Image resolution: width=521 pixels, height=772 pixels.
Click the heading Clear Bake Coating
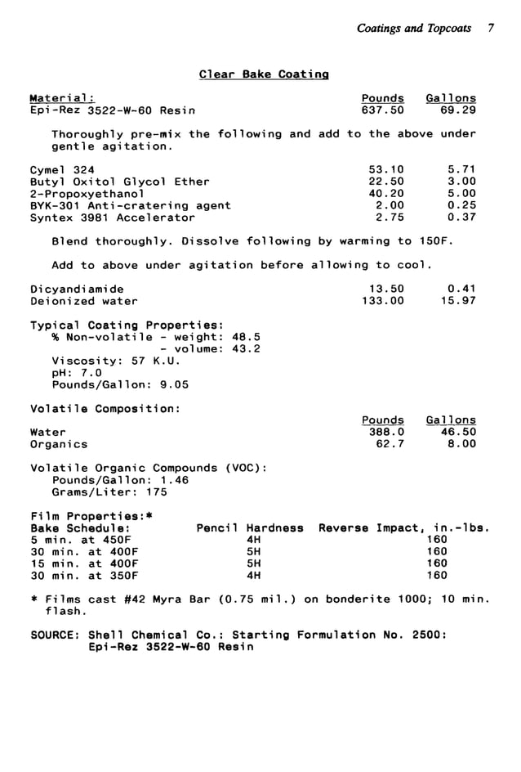(x=263, y=74)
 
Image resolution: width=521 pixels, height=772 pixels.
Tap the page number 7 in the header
(x=491, y=28)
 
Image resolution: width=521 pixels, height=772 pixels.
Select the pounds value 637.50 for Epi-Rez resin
(x=382, y=110)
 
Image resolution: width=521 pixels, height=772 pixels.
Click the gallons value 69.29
(x=457, y=110)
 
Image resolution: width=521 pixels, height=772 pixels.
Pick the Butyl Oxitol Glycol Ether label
(x=119, y=182)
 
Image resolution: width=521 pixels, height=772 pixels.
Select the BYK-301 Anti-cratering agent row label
(x=130, y=206)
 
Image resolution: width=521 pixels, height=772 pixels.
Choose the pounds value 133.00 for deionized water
(x=382, y=301)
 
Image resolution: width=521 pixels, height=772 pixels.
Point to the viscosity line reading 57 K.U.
(x=115, y=361)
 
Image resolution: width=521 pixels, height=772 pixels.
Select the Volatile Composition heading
(x=105, y=408)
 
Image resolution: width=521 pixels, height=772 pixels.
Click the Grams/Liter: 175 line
(x=109, y=492)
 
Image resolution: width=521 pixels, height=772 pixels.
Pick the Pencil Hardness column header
(x=250, y=528)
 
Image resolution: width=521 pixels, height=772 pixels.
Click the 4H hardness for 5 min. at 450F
(x=252, y=540)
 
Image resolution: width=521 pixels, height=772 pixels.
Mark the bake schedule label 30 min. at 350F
(x=84, y=575)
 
